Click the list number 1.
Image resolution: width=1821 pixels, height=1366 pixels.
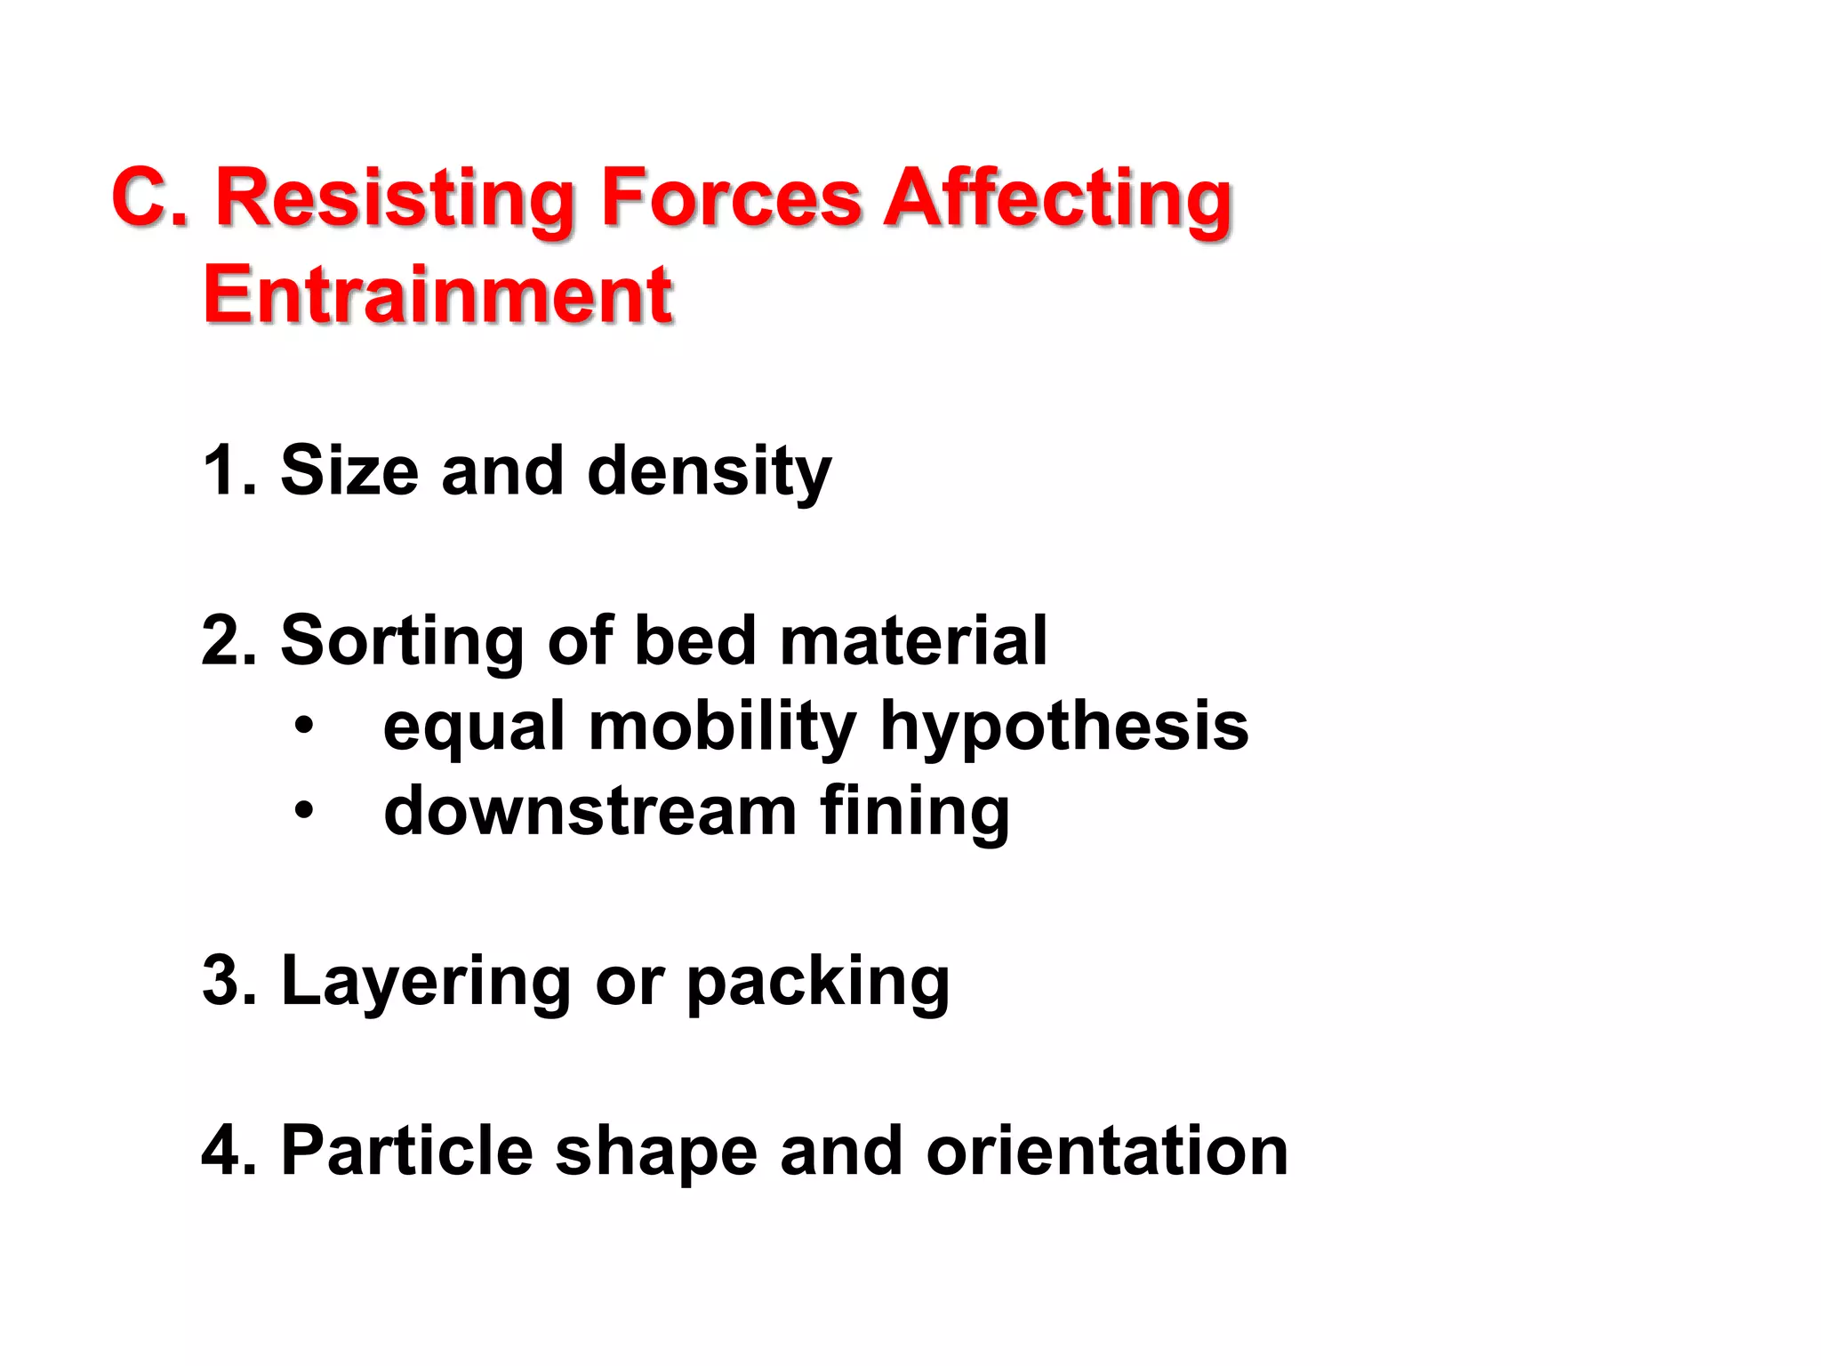pos(228,470)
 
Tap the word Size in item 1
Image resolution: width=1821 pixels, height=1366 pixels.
pos(349,470)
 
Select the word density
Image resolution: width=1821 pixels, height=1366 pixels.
pos(709,470)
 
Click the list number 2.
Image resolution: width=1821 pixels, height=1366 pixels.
pos(228,640)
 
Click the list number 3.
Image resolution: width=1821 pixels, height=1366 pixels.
pos(228,981)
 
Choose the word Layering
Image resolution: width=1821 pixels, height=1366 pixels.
pos(426,981)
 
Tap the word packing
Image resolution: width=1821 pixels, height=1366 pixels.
pos(818,981)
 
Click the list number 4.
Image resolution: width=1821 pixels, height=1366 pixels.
pos(228,1151)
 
